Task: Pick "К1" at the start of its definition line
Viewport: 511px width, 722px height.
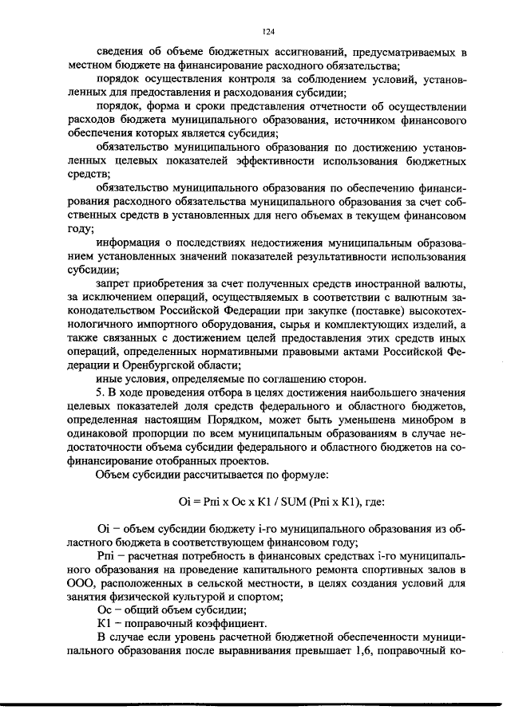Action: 104,624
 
